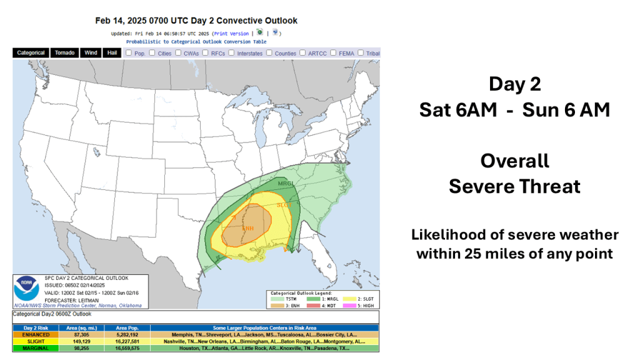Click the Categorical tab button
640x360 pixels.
(x=31, y=53)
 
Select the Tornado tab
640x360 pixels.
(x=64, y=53)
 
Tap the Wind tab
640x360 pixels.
(x=91, y=53)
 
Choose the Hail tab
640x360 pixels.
(x=112, y=53)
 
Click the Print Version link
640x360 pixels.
(x=231, y=33)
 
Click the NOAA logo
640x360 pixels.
(x=26, y=289)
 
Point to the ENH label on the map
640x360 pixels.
(x=247, y=227)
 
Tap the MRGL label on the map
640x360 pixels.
(x=286, y=184)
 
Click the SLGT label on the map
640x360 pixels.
(x=284, y=205)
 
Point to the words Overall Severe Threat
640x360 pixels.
(x=514, y=173)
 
